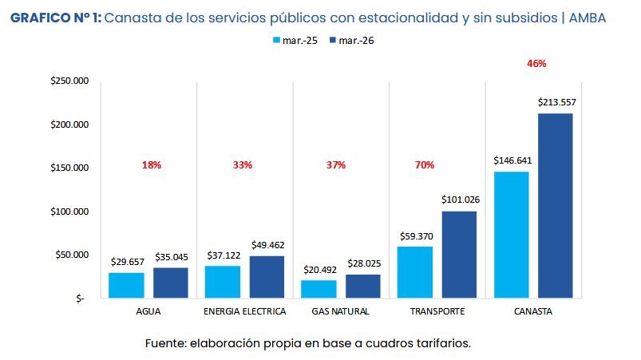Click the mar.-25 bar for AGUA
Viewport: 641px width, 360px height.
coord(126,285)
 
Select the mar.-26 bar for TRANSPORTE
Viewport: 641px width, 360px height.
coord(459,255)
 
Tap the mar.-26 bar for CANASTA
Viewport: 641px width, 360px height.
coord(555,206)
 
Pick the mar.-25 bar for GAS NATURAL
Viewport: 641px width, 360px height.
coord(319,289)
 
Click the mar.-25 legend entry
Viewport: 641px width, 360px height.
coord(295,40)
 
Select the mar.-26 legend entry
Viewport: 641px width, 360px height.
coord(350,40)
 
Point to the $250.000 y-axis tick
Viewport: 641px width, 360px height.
coord(69,81)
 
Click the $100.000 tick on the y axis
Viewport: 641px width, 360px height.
coord(69,212)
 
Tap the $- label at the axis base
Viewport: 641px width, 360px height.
coord(78,299)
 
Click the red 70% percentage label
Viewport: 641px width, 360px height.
coord(424,165)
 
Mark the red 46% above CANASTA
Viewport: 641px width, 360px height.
coord(536,63)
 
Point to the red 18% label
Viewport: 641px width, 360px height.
coord(152,165)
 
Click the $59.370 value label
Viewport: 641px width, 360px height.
coord(416,236)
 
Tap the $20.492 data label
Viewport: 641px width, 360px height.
coord(319,269)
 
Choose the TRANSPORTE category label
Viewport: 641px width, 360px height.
coord(437,311)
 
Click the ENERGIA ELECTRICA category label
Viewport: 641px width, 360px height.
coord(244,311)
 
